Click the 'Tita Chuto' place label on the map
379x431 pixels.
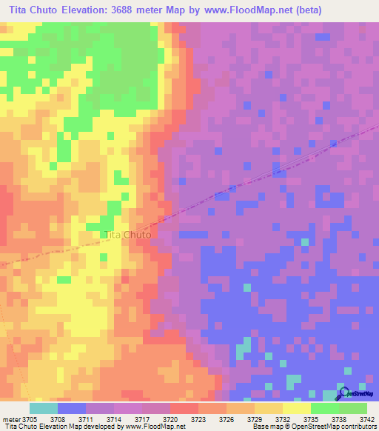tap(128, 235)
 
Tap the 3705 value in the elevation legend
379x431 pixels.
tap(29, 420)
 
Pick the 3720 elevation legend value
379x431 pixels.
tap(170, 420)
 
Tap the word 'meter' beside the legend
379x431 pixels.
tap(11, 420)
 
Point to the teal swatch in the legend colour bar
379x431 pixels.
tap(44, 408)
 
